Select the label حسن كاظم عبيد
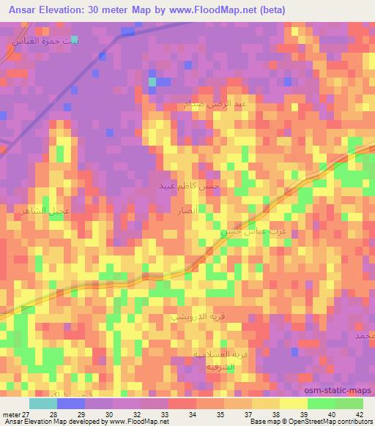coord(189,187)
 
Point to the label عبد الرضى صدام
coord(216,104)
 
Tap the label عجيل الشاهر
coord(70,212)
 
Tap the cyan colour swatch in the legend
coord(43,403)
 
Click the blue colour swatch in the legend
coord(71,403)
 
